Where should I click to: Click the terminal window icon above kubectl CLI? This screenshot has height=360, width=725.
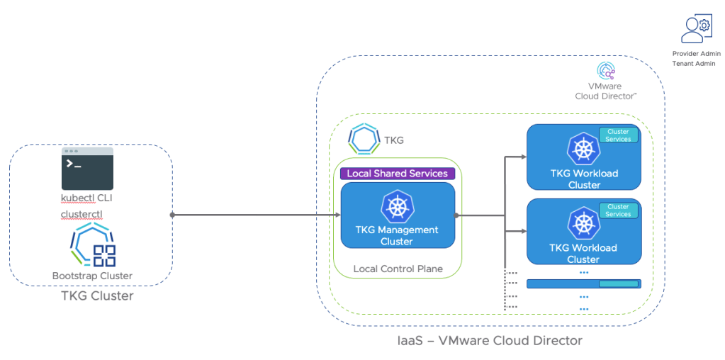(x=87, y=169)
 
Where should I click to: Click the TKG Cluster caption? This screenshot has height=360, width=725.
(x=96, y=296)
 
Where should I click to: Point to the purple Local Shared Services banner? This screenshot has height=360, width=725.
(x=397, y=174)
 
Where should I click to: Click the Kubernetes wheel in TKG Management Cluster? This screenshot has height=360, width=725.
(x=397, y=206)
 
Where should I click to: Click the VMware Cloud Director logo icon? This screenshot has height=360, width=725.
(x=606, y=72)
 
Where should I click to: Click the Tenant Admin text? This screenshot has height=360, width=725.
(x=694, y=64)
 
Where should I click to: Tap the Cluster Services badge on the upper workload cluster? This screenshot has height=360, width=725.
(x=618, y=135)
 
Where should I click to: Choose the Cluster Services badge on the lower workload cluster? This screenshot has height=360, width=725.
(x=618, y=210)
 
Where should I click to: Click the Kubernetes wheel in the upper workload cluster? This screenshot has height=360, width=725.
(x=584, y=150)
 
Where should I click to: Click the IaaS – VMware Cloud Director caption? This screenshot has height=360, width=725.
(x=490, y=341)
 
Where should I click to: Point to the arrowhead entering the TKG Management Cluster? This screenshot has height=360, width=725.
(x=337, y=215)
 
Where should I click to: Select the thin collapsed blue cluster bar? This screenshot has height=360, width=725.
(x=583, y=283)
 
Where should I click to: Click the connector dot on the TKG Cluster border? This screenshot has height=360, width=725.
(x=172, y=215)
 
